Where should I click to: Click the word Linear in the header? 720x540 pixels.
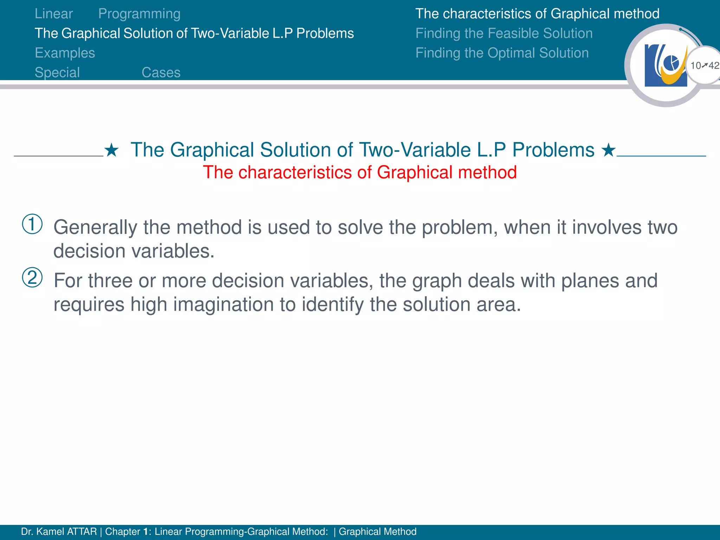(54, 14)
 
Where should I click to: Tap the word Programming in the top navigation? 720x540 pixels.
(139, 14)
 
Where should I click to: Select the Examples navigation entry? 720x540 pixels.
(65, 53)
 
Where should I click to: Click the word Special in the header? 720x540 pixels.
(57, 72)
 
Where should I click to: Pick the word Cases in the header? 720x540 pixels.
(161, 72)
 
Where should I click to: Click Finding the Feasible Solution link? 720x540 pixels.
(504, 33)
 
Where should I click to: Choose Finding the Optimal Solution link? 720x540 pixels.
(502, 53)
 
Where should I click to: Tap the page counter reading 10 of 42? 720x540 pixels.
(704, 65)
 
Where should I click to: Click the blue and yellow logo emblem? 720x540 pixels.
(666, 65)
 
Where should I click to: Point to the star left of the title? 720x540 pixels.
(111, 150)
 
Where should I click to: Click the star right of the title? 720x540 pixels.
(608, 150)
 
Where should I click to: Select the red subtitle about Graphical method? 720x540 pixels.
(360, 173)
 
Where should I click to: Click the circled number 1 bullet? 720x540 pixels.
(32, 224)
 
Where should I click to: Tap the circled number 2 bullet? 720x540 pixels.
(32, 277)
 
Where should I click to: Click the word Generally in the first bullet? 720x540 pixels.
(95, 227)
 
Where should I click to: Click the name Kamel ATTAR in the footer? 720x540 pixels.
(66, 532)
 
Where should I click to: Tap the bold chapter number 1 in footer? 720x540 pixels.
(146, 532)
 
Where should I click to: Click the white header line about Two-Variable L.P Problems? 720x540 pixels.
(194, 33)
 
